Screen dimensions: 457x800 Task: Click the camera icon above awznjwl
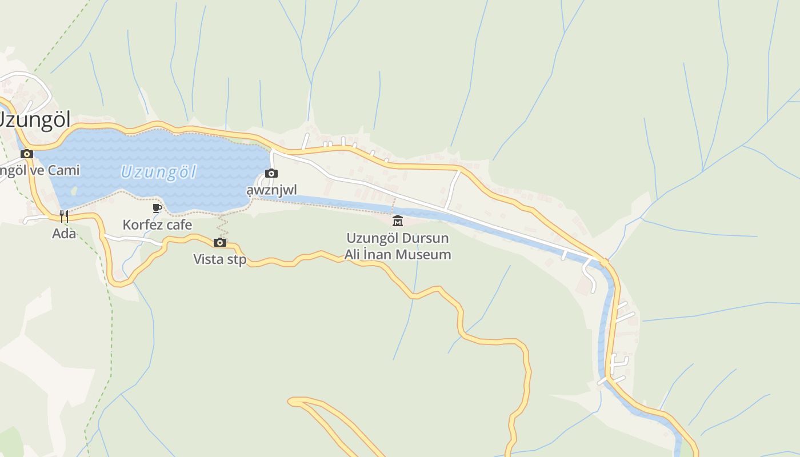pos(271,173)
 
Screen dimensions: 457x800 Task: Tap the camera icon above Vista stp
pos(220,242)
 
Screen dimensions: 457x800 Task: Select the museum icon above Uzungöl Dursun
pos(397,221)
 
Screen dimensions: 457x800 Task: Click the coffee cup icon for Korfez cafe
pos(157,208)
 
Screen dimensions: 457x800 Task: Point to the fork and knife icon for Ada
pos(64,216)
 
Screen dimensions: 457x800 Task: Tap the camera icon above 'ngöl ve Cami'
pos(26,154)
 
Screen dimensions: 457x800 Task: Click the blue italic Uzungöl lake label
pos(158,172)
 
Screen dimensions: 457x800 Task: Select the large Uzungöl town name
pos(34,120)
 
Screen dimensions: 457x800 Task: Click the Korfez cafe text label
pos(157,225)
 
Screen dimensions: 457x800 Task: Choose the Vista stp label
pos(220,259)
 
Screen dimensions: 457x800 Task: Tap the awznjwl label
pos(271,189)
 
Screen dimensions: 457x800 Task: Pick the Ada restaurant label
pos(64,233)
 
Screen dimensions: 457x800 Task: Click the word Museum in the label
pos(423,254)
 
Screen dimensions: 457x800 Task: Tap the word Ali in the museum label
pos(354,254)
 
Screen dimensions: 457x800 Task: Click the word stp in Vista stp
pos(237,259)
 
